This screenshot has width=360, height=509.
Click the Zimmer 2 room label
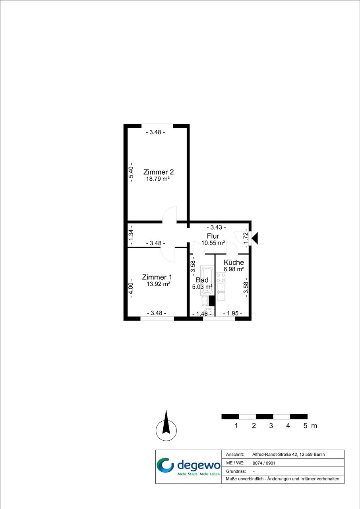pyautogui.click(x=159, y=172)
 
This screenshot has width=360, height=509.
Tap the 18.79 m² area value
pyautogui.click(x=158, y=179)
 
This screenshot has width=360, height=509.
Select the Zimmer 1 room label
pyautogui.click(x=157, y=277)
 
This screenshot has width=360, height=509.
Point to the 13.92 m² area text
pyautogui.click(x=158, y=284)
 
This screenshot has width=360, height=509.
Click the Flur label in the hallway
pyautogui.click(x=213, y=236)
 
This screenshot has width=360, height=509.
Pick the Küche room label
pyautogui.click(x=234, y=262)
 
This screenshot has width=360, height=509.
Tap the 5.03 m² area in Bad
pyautogui.click(x=202, y=287)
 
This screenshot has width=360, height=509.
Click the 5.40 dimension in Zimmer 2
pyautogui.click(x=131, y=172)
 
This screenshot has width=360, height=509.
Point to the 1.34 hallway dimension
pyautogui.click(x=131, y=235)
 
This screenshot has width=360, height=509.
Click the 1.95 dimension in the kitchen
pyautogui.click(x=232, y=313)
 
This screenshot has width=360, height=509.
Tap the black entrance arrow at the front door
pyautogui.click(x=255, y=238)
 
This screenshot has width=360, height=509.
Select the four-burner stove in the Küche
pyautogui.click(x=221, y=278)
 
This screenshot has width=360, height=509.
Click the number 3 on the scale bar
pyautogui.click(x=271, y=426)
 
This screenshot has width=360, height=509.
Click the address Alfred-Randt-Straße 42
pyautogui.click(x=275, y=455)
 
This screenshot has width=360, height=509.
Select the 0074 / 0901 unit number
pyautogui.click(x=264, y=463)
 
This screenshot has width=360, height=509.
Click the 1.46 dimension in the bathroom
pyautogui.click(x=202, y=314)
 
